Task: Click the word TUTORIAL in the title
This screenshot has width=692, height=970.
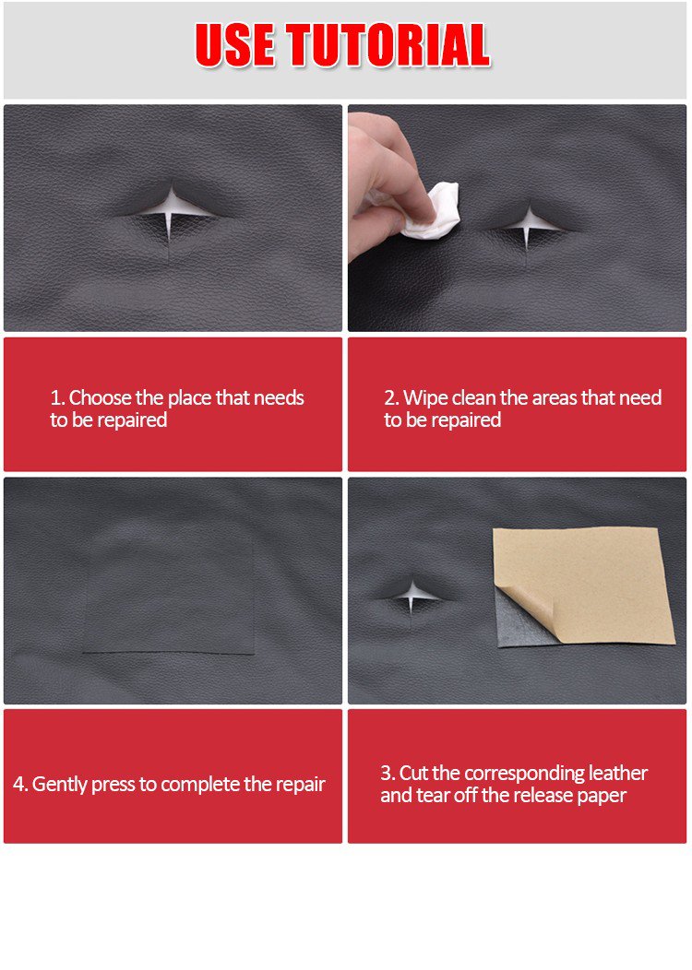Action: [388, 44]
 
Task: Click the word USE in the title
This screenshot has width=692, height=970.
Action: [235, 44]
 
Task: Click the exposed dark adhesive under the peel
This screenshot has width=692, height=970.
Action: [518, 622]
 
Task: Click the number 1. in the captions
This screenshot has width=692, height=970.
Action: [57, 397]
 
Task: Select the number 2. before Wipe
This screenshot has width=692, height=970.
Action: [391, 397]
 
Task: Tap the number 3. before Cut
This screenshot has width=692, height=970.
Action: [388, 773]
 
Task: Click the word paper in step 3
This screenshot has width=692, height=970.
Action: [602, 796]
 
